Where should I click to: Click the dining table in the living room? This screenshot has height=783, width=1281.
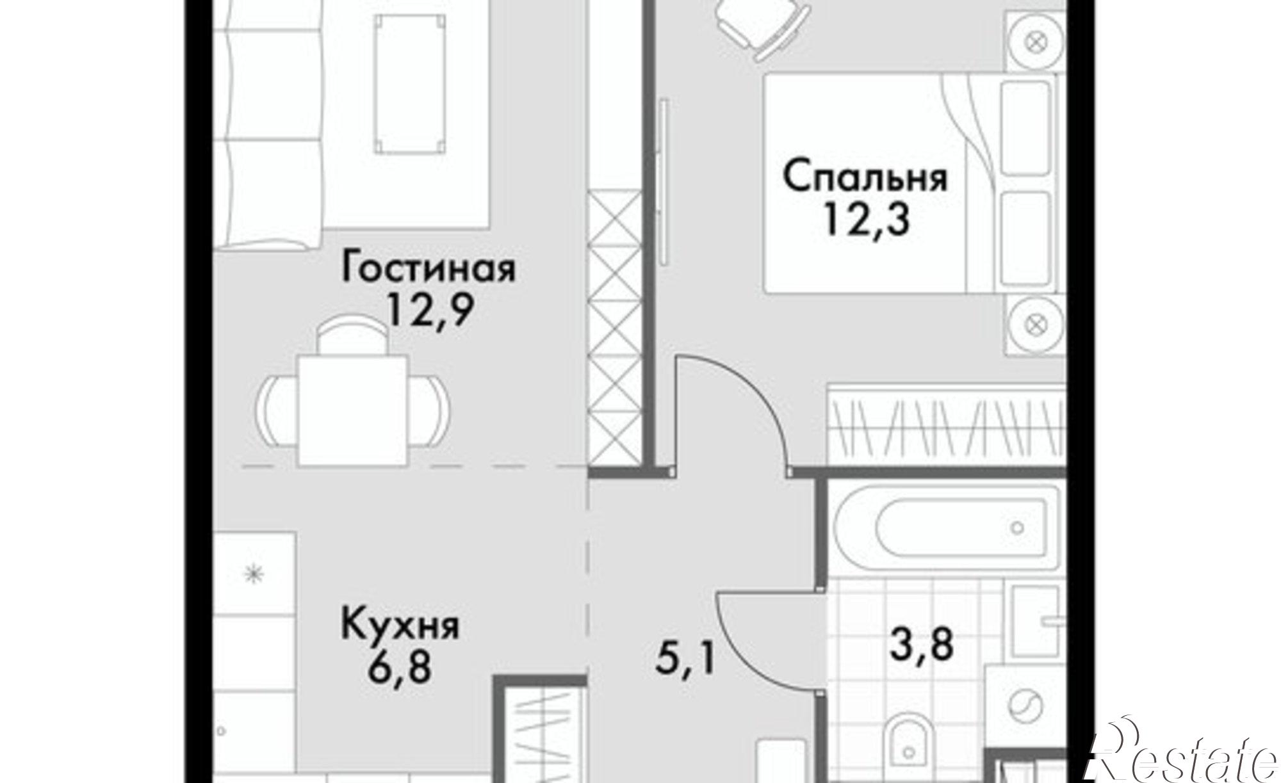(353, 410)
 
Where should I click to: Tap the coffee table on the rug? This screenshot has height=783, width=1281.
(410, 83)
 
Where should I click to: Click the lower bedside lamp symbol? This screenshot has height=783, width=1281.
(1034, 325)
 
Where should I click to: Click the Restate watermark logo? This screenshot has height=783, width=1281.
(1185, 755)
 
